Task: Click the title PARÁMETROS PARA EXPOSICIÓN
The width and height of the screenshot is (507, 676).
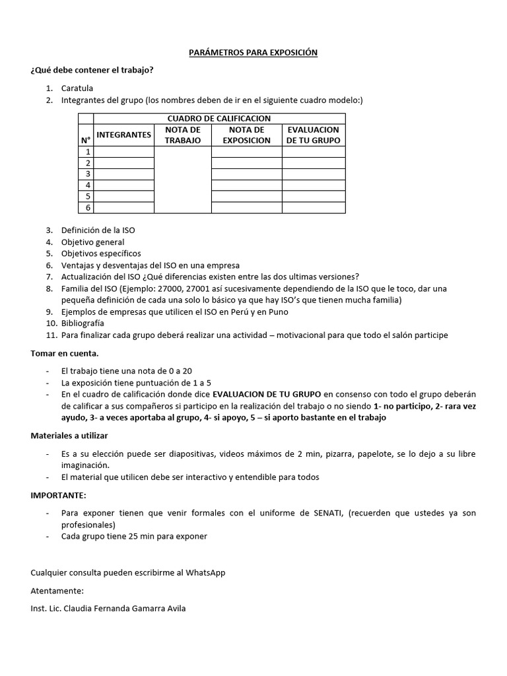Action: point(253,52)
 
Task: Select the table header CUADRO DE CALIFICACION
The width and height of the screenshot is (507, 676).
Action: point(219,118)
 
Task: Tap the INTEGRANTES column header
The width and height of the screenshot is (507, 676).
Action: point(124,135)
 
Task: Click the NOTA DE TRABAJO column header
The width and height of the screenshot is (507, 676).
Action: point(182,135)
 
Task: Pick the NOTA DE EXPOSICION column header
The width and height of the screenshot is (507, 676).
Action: point(246,135)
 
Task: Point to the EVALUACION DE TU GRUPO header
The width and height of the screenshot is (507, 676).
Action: point(313,135)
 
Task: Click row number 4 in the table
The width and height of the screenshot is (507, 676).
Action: point(86,186)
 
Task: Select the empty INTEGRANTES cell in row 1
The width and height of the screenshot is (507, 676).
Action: point(124,152)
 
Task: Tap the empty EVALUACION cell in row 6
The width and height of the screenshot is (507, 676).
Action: point(313,207)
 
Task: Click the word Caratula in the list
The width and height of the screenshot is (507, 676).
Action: point(77,88)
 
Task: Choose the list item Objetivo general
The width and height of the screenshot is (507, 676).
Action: point(92,242)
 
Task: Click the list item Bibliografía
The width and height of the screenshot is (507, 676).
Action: point(83,323)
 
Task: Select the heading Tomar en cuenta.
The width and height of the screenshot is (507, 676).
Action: point(64,354)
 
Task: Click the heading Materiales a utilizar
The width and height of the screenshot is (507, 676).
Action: point(69,436)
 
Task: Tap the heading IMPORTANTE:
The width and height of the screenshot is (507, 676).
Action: point(58,495)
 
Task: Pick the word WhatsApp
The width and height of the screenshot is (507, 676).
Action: point(205,572)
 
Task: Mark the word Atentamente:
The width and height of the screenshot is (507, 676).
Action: point(57,590)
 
